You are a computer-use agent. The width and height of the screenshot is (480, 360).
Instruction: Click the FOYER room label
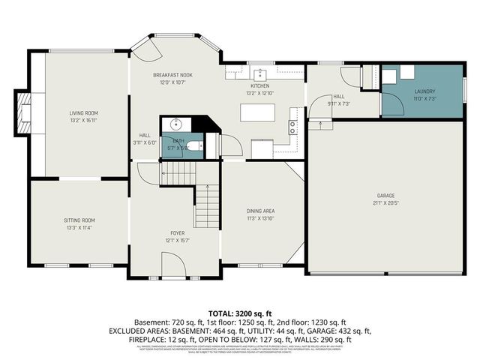[177, 233]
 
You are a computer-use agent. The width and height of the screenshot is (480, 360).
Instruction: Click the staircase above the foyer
[206, 202]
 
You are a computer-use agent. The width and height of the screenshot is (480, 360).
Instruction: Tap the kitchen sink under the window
[260, 75]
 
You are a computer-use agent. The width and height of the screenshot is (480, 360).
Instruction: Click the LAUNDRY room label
[424, 91]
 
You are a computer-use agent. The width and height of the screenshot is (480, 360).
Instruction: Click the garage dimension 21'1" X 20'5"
[386, 202]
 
